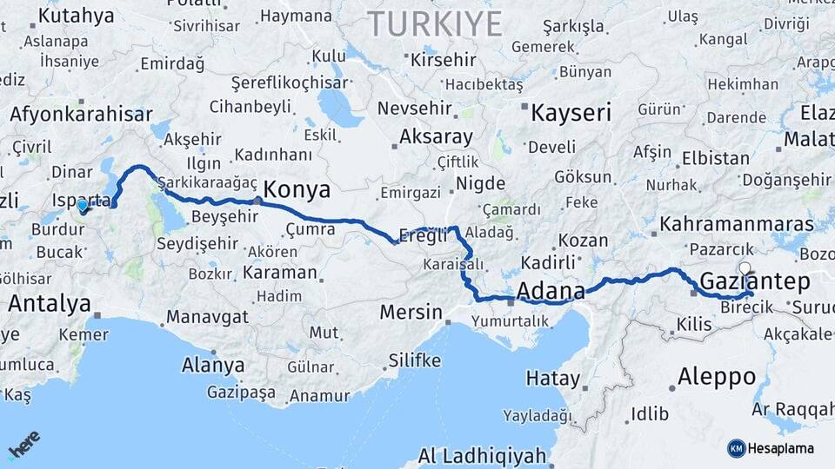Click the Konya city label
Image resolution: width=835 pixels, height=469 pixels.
tap(297, 190)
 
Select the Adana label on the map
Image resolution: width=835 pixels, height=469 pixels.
tap(551, 290)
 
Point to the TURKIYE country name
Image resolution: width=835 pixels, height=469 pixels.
tap(434, 23)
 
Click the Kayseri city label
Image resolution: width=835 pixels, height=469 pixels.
tap(571, 113)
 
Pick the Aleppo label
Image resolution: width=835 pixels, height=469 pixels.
tap(716, 377)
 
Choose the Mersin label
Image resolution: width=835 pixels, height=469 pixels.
tap(413, 311)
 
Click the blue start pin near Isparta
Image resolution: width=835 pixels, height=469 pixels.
tap(83, 206)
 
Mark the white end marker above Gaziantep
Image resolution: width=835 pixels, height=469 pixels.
tap(745, 268)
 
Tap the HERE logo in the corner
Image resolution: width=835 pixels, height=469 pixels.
tap(24, 443)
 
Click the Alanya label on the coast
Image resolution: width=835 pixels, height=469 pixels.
tap(213, 366)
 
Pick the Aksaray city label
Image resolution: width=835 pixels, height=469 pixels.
tap(436, 137)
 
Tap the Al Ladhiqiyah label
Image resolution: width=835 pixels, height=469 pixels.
tap(482, 456)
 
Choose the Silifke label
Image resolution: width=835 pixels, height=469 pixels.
tap(414, 360)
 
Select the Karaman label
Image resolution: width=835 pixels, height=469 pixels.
tap(279, 272)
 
